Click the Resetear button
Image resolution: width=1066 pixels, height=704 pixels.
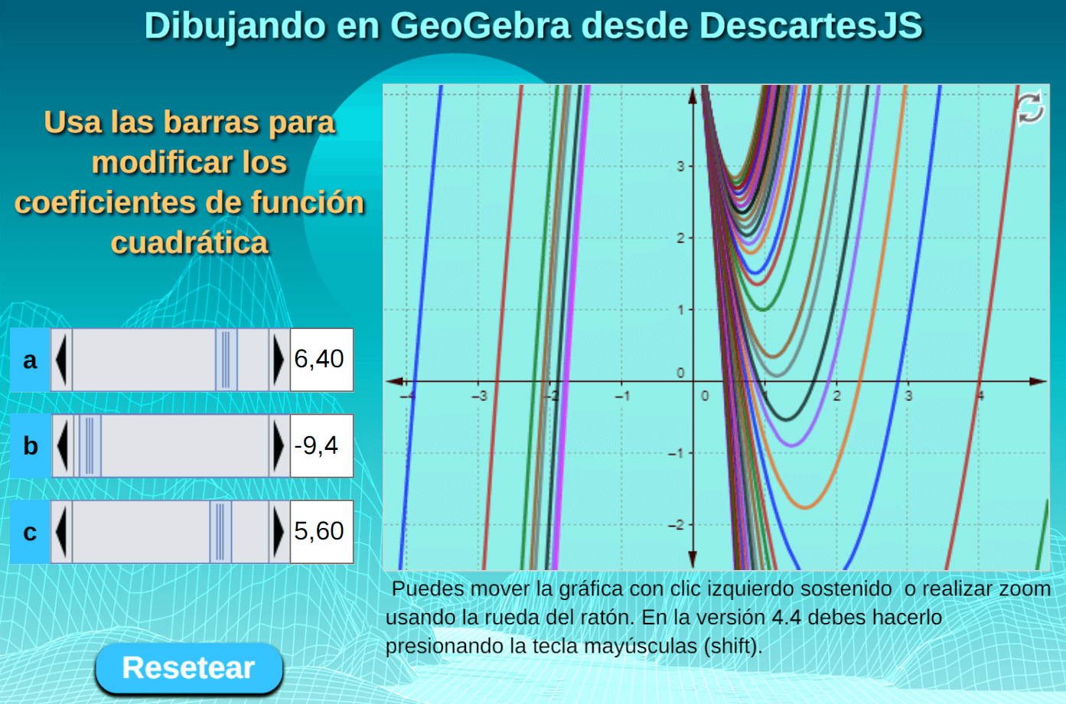pos(189,667)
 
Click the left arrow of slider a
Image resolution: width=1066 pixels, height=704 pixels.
pos(61,360)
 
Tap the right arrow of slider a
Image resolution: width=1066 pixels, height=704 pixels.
pos(279,360)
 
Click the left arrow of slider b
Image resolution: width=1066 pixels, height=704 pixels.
pos(62,446)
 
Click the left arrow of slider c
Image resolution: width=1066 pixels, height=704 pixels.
pos(61,532)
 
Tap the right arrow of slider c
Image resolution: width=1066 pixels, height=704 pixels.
pos(279,532)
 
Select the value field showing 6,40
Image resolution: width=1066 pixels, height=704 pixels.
pos(321,360)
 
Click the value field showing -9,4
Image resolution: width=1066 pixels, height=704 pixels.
pos(321,446)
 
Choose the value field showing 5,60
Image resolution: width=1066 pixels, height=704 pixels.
pos(321,532)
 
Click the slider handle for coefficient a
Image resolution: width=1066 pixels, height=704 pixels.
pos(226,360)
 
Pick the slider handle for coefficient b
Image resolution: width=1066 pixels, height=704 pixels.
pos(90,446)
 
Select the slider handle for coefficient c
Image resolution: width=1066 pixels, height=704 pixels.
pos(220,532)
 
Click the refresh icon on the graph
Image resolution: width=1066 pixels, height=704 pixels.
pos(1030,109)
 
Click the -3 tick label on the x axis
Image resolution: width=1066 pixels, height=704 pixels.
pos(479,396)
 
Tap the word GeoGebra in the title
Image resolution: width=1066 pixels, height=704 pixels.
pos(480,26)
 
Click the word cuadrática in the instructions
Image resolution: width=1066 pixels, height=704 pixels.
pos(190,243)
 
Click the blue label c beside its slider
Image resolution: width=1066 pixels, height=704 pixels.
pos(30,532)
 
